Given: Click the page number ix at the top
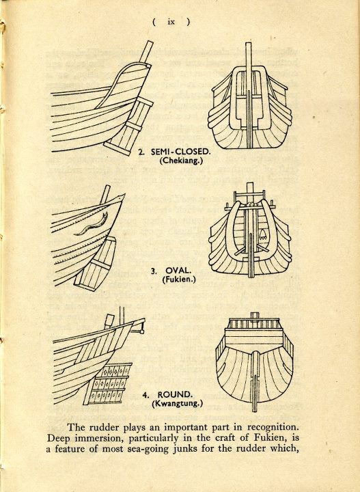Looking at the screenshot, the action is tap(171, 22).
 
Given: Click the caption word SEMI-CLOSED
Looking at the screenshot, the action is tap(180, 152).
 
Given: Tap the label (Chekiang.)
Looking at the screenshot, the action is tap(181, 161).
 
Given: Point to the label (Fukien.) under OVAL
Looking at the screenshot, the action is tap(179, 279).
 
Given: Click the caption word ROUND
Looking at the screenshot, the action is tap(174, 395).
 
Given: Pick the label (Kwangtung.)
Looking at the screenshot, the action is tap(178, 404).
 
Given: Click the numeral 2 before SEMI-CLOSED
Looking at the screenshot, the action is tap(141, 152).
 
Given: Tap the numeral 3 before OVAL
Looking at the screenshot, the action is tap(153, 271).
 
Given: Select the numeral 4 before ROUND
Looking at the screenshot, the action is tap(146, 395).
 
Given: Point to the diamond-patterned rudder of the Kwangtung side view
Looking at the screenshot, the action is tap(108, 383).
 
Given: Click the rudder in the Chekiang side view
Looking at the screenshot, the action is tap(128, 126).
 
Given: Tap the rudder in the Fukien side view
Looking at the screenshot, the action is tap(96, 264).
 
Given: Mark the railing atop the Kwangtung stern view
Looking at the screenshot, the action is tap(254, 323).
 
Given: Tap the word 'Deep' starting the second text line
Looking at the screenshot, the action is tap(57, 438).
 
